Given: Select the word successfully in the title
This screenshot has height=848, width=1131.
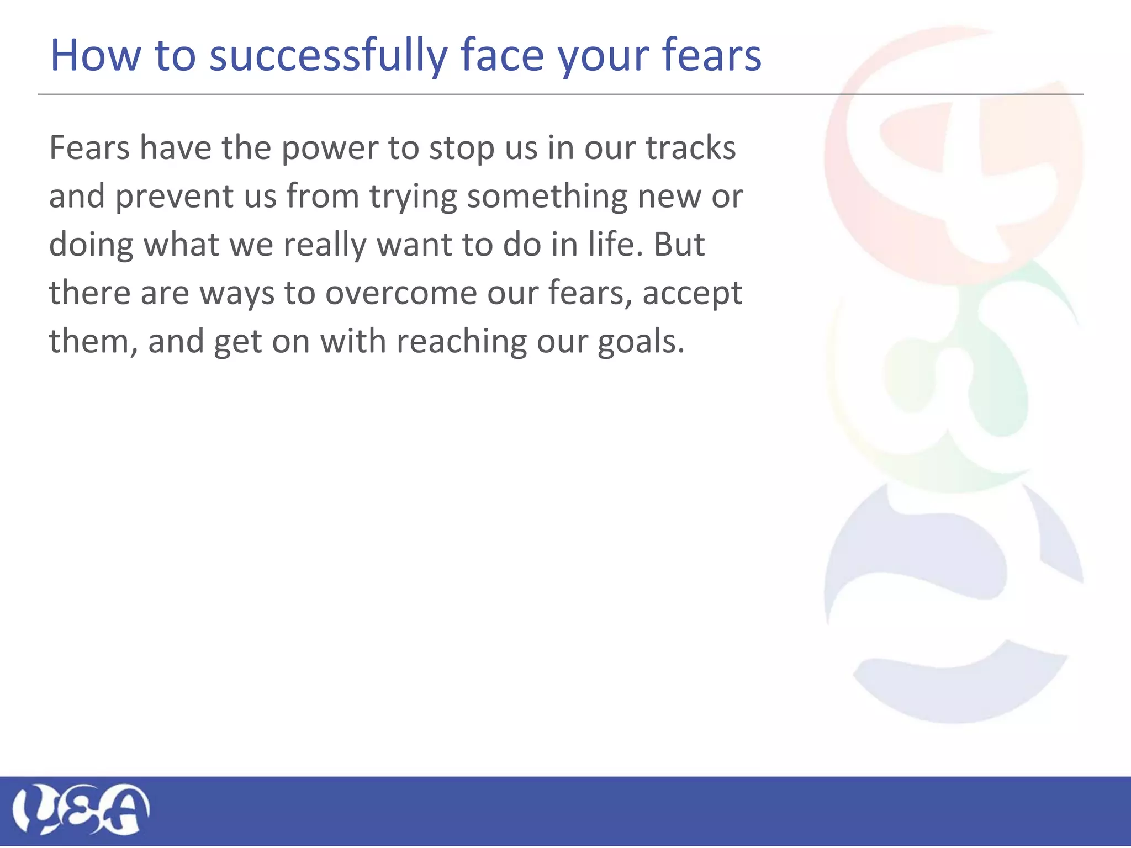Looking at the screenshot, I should [328, 56].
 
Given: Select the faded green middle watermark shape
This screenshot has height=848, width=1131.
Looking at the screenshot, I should [994, 386].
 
